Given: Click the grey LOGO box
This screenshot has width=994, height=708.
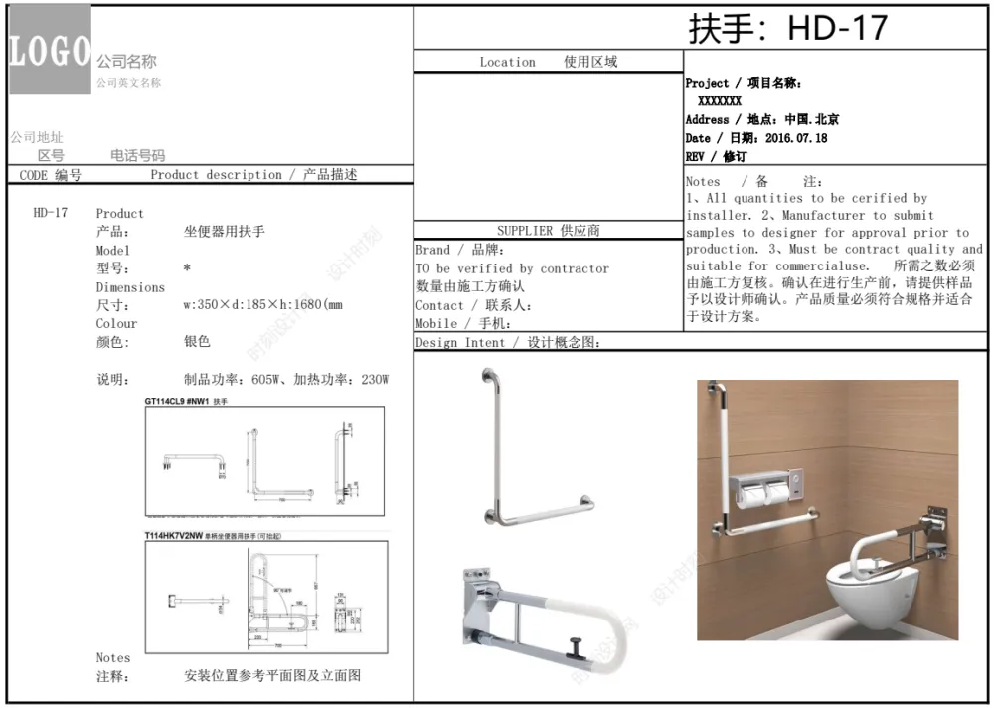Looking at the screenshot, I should pyautogui.click(x=50, y=50).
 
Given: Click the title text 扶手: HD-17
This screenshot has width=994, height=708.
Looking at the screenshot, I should pyautogui.click(x=787, y=28).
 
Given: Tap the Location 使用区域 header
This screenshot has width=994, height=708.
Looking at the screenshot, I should pyautogui.click(x=548, y=62).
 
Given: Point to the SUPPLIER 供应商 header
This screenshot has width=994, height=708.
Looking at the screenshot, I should pyautogui.click(x=548, y=231).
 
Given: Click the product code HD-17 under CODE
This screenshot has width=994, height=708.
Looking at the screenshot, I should pyautogui.click(x=51, y=213).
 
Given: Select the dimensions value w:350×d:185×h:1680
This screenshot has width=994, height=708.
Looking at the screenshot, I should pyautogui.click(x=262, y=305).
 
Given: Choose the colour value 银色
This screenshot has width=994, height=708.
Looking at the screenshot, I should pyautogui.click(x=198, y=342).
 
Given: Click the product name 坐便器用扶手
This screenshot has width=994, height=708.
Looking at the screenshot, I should pyautogui.click(x=225, y=232).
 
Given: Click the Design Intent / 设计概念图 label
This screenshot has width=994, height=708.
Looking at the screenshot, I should pyautogui.click(x=508, y=343).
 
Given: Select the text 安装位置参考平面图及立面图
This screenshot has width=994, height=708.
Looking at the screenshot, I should pyautogui.click(x=272, y=676).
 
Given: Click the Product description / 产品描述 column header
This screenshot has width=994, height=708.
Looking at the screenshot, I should pyautogui.click(x=253, y=175).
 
